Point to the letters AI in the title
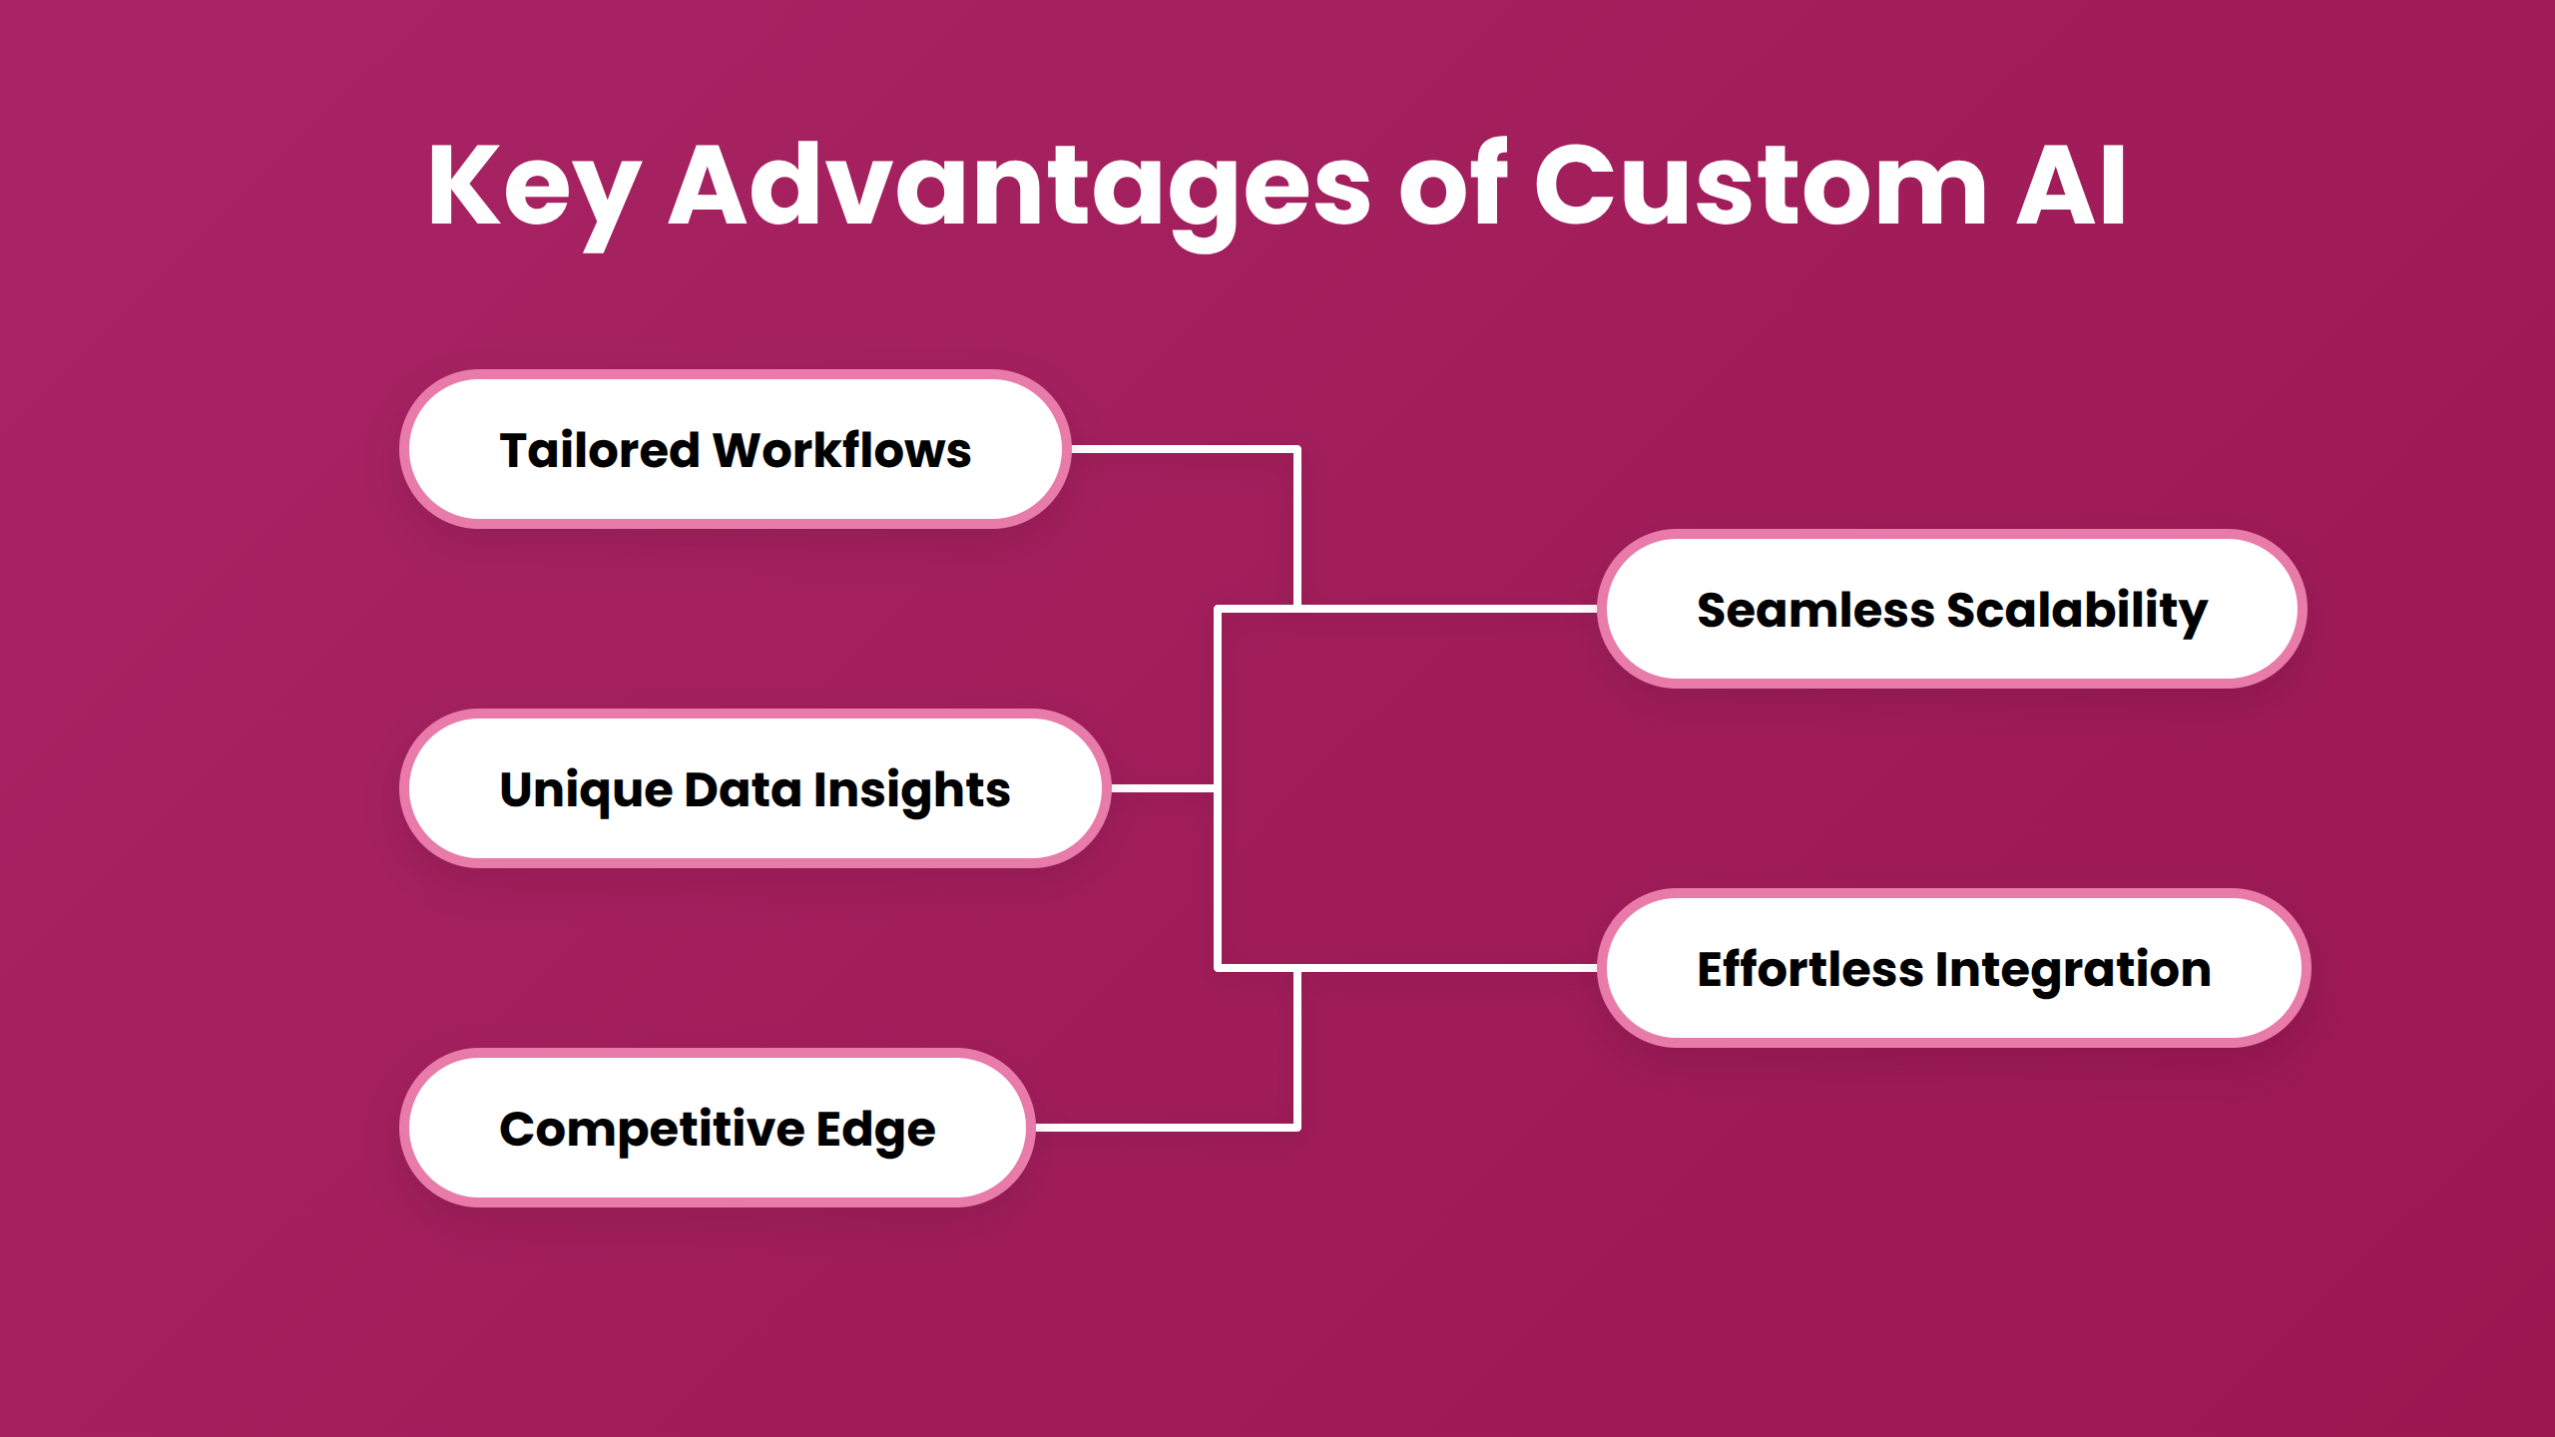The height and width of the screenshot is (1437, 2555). pyautogui.click(x=2071, y=188)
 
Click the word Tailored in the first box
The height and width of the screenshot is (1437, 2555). pyautogui.click(x=599, y=450)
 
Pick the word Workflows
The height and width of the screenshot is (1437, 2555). pyautogui.click(x=841, y=450)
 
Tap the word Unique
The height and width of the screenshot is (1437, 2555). pyautogui.click(x=587, y=790)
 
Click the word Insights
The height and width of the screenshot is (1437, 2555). pyautogui.click(x=911, y=790)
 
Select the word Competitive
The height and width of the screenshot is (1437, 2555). pyautogui.click(x=652, y=1130)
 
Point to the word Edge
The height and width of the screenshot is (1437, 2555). pyautogui.click(x=875, y=1131)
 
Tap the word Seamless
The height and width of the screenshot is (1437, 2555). pyautogui.click(x=1815, y=610)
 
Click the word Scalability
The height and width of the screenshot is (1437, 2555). pyautogui.click(x=2077, y=610)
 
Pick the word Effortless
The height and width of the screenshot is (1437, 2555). pyautogui.click(x=1809, y=969)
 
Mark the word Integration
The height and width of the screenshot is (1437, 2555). pyautogui.click(x=2074, y=970)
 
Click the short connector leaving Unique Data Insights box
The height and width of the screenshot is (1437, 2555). pyautogui.click(x=1162, y=788)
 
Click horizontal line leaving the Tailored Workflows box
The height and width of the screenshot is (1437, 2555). pyautogui.click(x=1183, y=450)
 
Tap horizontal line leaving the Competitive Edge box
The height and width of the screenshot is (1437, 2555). pyautogui.click(x=1166, y=1128)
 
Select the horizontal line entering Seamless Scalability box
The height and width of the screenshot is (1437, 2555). pyautogui.click(x=1447, y=608)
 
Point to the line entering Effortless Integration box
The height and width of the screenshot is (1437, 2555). pyautogui.click(x=1447, y=968)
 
